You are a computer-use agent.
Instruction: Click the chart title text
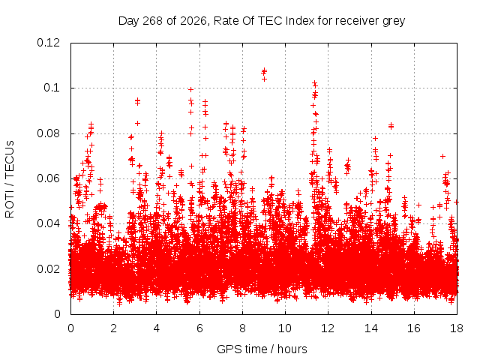pos(262,21)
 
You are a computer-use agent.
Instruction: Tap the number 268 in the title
pos(152,21)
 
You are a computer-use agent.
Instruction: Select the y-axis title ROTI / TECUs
pos(10,179)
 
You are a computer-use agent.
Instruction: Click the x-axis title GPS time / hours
pos(262,349)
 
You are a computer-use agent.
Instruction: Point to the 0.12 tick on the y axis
pos(48,43)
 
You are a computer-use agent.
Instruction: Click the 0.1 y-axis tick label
pos(52,88)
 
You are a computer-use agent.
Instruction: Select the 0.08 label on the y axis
pos(48,133)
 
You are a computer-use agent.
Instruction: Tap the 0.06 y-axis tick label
pos(48,178)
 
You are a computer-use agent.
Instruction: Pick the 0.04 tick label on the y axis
pos(48,223)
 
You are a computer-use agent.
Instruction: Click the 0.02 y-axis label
pos(48,269)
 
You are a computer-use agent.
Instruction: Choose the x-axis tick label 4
pos(157,328)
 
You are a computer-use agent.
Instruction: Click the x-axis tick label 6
pos(199,328)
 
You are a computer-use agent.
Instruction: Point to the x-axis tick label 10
pos(285,328)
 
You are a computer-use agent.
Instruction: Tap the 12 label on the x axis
pos(328,328)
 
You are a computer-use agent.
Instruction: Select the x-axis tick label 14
pos(371,328)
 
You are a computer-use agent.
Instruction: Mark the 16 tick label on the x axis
pos(414,328)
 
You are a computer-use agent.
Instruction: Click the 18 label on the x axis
pos(457,328)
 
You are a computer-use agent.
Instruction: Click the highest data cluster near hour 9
pos(264,74)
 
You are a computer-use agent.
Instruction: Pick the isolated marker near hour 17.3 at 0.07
pos(442,157)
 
